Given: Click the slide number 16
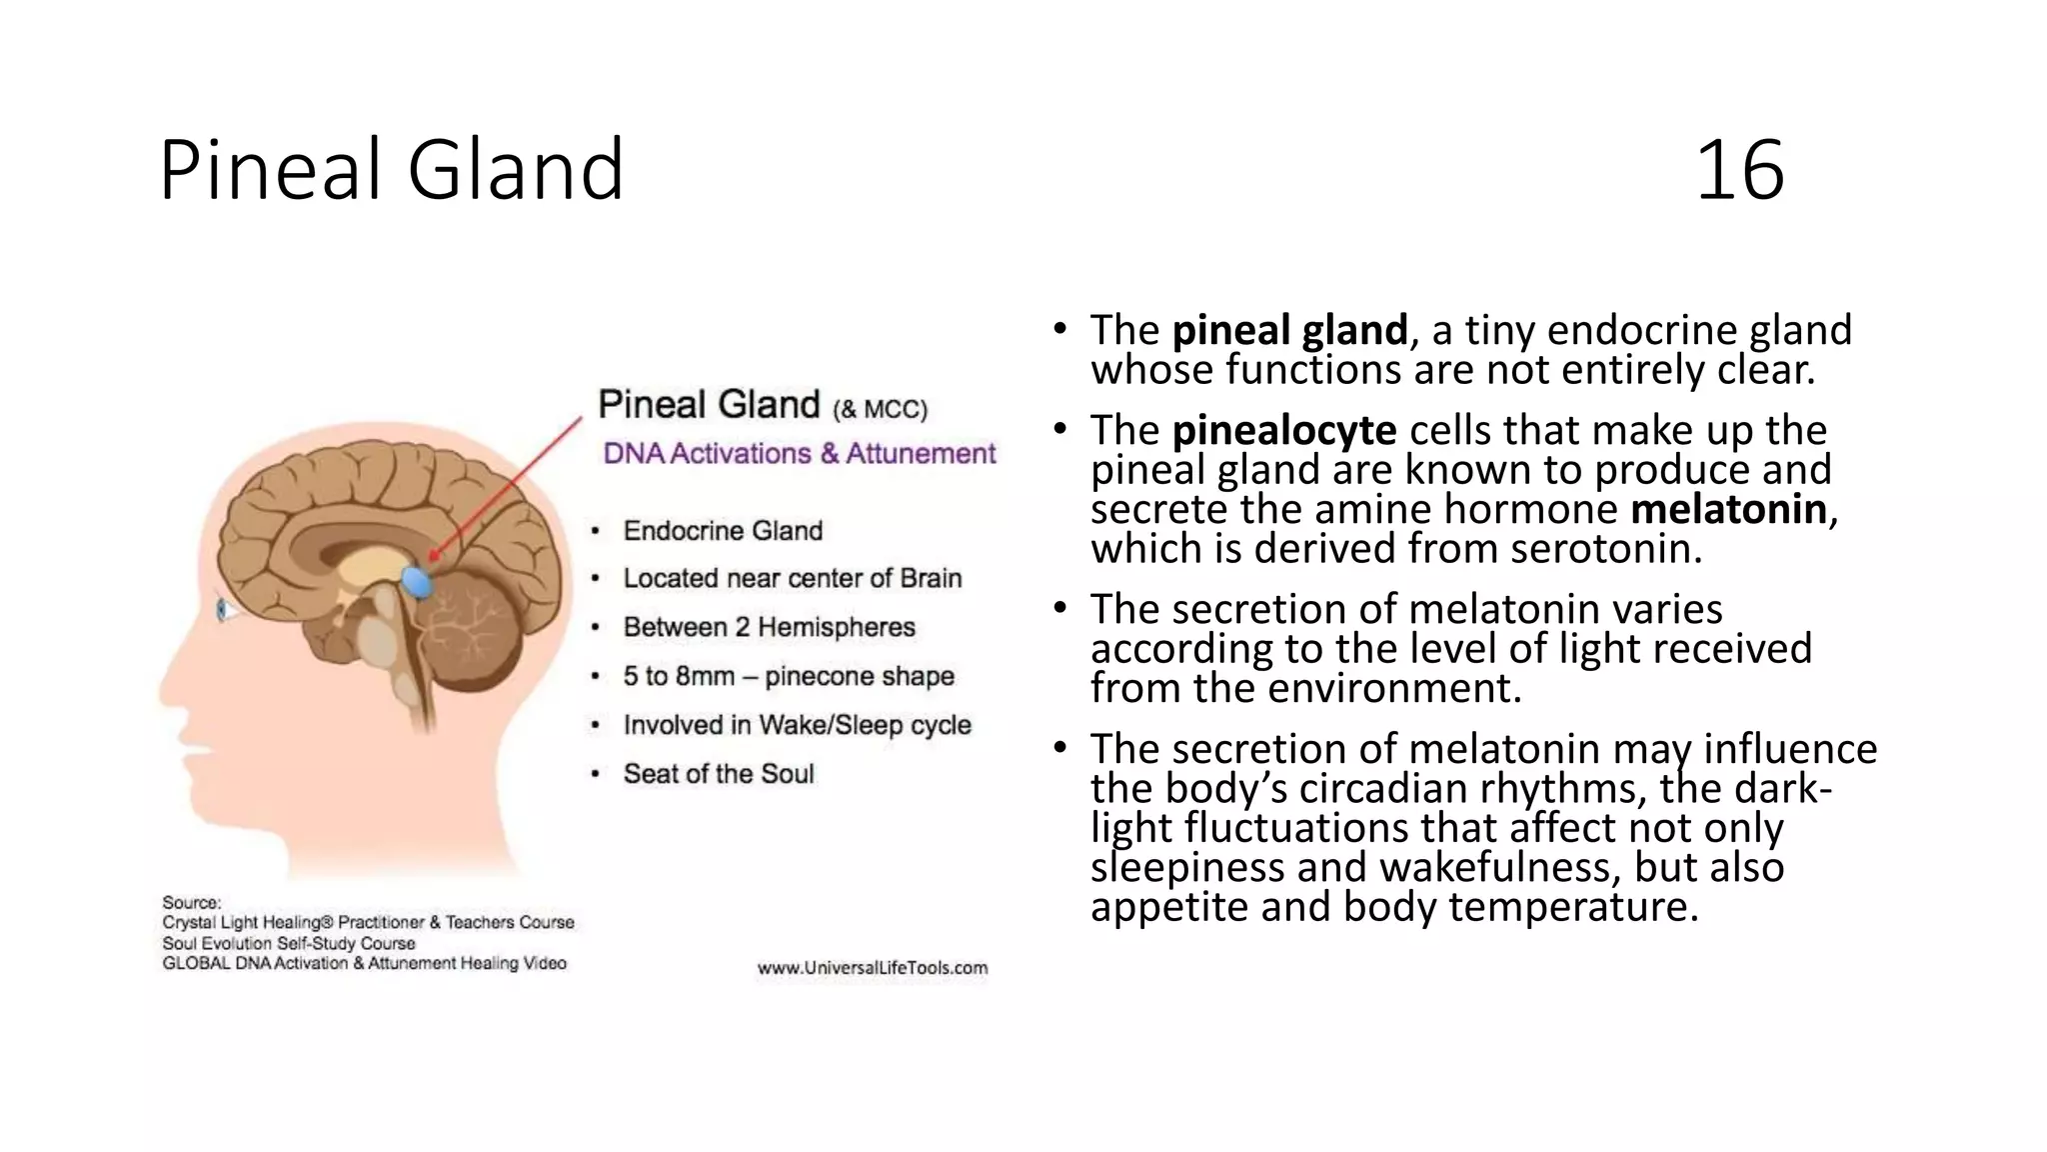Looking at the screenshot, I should click(x=1739, y=171).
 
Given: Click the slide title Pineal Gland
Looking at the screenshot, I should click(x=391, y=171).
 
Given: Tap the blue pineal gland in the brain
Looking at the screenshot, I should click(x=417, y=580).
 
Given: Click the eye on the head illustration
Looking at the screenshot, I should click(x=224, y=609).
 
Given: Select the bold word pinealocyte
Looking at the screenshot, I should click(x=1283, y=431).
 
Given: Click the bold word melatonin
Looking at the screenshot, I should click(x=1728, y=510).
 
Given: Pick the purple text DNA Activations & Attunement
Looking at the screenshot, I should click(x=799, y=454).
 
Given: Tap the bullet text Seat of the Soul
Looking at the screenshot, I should click(x=719, y=774).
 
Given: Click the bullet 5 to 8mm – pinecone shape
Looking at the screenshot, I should click(x=788, y=676).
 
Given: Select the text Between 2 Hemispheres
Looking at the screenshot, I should click(x=769, y=627).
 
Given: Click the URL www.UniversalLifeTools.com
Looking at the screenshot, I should click(x=872, y=968).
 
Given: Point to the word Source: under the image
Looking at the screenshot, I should click(x=192, y=902).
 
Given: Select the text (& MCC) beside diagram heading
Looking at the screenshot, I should click(x=880, y=409).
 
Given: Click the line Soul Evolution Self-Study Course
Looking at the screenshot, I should click(x=288, y=943).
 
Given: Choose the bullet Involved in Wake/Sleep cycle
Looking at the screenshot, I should click(x=797, y=725).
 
